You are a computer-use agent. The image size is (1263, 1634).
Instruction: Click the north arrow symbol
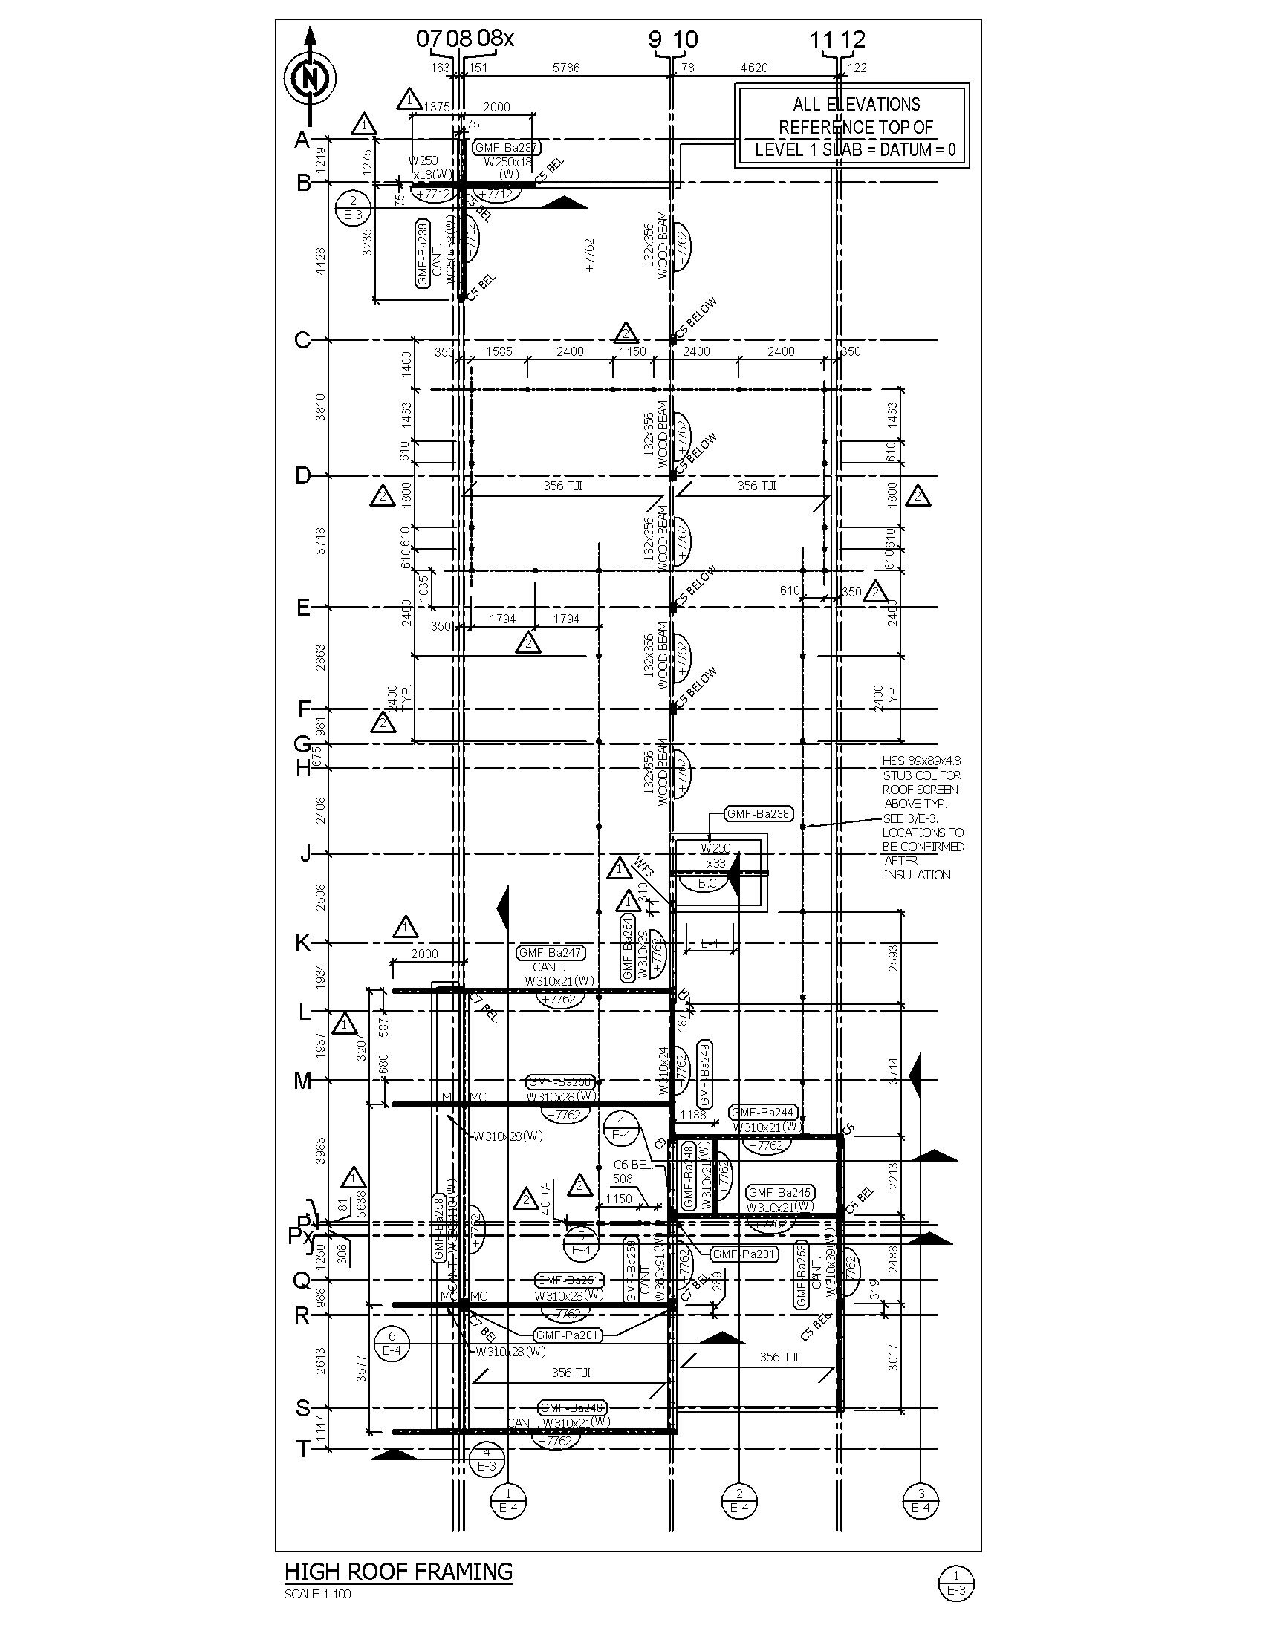[x=310, y=77]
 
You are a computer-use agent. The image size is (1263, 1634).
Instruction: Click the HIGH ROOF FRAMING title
[x=398, y=1571]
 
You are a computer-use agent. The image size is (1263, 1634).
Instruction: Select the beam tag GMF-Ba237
[x=507, y=147]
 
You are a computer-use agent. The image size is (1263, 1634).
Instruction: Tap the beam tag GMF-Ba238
[x=759, y=813]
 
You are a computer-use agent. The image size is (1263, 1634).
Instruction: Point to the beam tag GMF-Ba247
[x=551, y=953]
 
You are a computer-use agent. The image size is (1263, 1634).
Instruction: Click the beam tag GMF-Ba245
[x=779, y=1193]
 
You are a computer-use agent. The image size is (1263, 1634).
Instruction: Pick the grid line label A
[x=302, y=140]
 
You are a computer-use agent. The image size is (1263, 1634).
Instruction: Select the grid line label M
[x=302, y=1081]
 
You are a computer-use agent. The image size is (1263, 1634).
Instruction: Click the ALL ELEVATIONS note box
[x=851, y=126]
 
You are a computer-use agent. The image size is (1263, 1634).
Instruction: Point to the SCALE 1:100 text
[x=317, y=1594]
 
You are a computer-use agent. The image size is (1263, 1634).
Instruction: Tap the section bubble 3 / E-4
[x=921, y=1500]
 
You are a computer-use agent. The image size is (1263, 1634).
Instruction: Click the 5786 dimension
[x=565, y=68]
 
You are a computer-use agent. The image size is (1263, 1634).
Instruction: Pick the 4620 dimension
[x=753, y=68]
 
